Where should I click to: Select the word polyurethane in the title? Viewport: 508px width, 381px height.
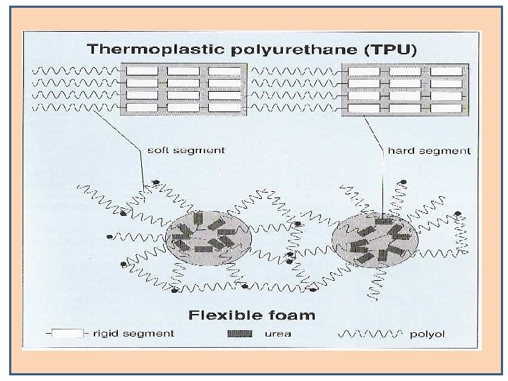[279, 51]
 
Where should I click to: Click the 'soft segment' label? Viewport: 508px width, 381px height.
[186, 150]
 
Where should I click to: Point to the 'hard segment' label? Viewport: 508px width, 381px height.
[429, 150]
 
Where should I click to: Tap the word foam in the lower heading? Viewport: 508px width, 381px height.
[290, 315]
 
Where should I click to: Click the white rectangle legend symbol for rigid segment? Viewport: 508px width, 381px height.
[68, 333]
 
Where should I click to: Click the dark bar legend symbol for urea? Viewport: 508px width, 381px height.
[240, 333]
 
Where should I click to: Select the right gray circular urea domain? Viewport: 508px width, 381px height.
[375, 237]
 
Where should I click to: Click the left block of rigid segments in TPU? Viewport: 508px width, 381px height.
[184, 89]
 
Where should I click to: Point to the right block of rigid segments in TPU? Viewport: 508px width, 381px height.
[405, 89]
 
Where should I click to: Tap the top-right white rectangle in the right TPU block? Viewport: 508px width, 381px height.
[446, 71]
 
